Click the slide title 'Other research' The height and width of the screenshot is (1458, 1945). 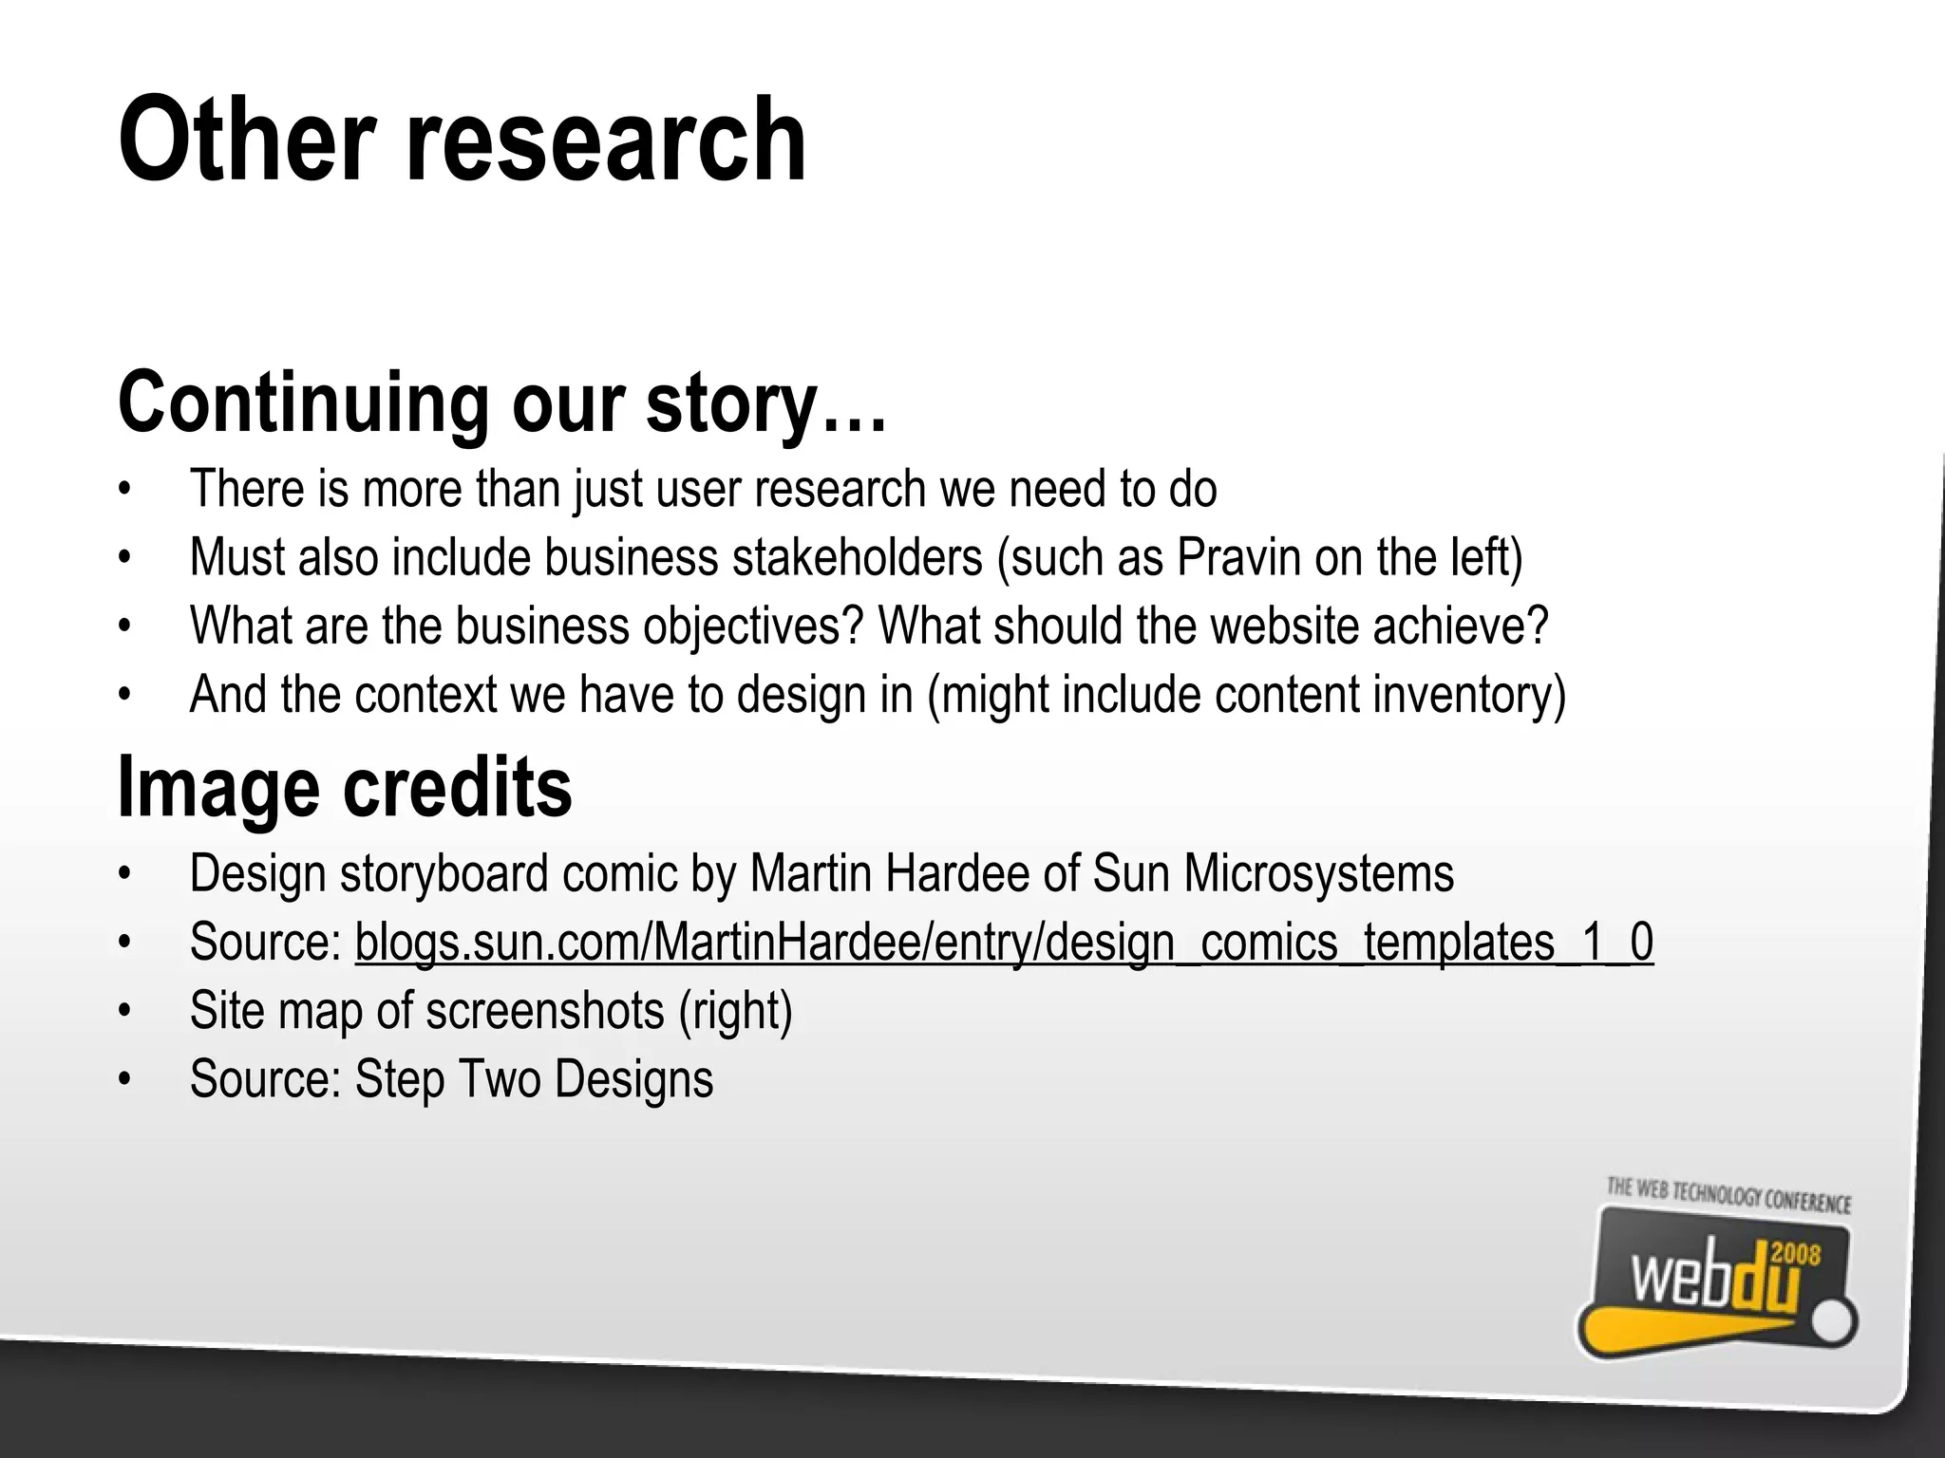tap(463, 140)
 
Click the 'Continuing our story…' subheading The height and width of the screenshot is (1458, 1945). tap(502, 403)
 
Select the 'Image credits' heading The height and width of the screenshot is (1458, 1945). tap(345, 787)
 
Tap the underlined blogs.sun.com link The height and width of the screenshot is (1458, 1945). tap(1004, 943)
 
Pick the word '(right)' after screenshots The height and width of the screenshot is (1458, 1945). tap(735, 1010)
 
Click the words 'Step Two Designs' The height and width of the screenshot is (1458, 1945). tap(534, 1079)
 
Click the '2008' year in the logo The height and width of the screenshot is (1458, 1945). tap(1796, 1255)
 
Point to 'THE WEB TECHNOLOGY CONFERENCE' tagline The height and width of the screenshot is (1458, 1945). tap(1728, 1196)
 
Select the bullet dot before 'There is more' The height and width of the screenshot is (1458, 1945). tap(123, 490)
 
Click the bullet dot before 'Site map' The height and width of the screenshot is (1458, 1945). tap(123, 1011)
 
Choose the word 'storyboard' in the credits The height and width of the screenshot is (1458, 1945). tap(444, 873)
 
